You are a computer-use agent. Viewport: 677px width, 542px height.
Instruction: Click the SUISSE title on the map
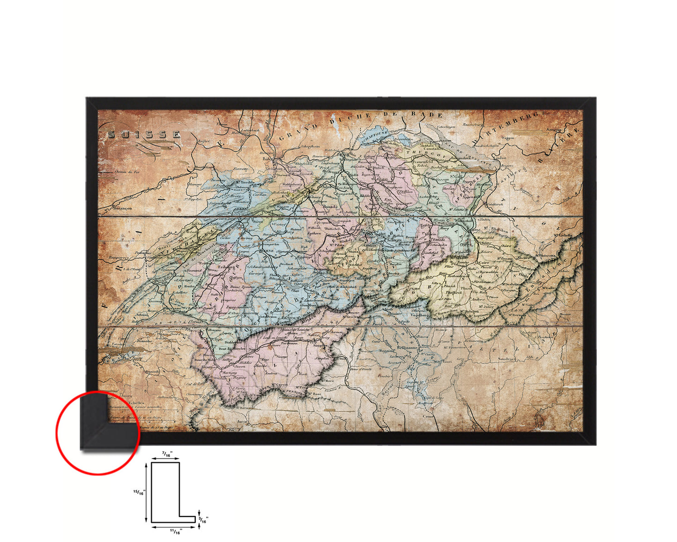tap(144, 135)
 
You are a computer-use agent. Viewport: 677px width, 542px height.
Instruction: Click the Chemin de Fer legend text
tap(127, 172)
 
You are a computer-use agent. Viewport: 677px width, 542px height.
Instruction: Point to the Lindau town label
tap(500, 158)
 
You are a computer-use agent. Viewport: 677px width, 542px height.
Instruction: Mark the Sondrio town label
tap(506, 359)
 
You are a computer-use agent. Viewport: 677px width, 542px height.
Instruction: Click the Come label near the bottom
tap(428, 416)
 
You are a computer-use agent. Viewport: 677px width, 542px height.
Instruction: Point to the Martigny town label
tap(229, 372)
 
